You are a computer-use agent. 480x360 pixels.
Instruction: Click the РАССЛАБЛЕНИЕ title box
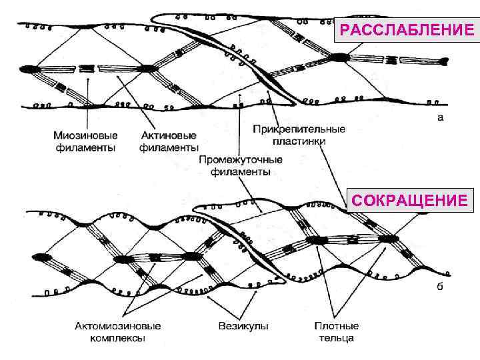407,30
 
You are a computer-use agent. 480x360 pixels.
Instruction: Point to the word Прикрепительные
299,129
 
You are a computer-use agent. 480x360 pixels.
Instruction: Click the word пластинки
299,141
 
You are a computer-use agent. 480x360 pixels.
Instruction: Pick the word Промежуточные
241,160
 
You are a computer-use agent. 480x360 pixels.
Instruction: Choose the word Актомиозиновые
117,327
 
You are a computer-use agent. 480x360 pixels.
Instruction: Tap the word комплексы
117,339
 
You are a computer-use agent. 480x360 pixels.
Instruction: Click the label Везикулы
243,327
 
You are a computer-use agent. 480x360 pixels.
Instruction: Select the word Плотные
337,327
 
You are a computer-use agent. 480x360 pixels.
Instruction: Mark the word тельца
337,339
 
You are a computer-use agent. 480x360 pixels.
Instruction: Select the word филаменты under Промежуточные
241,172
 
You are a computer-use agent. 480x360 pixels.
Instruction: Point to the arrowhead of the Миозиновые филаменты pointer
88,75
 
